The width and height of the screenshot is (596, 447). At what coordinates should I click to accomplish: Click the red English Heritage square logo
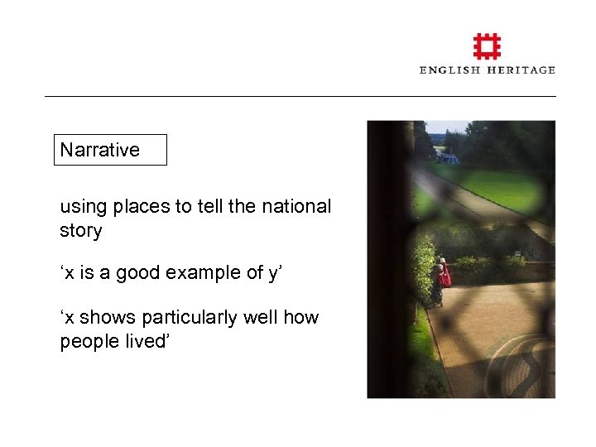(487, 46)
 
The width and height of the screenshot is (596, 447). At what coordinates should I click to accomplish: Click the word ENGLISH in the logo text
(449, 70)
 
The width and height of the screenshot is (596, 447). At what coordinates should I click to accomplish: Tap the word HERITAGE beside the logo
(521, 70)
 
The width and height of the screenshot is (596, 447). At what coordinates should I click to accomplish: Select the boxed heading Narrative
(100, 150)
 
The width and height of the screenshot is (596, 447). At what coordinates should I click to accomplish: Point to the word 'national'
(296, 206)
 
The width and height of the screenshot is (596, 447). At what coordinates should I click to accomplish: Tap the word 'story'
(80, 230)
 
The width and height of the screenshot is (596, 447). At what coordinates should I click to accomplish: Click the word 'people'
(87, 341)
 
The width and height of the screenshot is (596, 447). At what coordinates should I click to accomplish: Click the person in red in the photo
(444, 275)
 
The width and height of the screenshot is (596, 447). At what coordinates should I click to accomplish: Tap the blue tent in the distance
(449, 158)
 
